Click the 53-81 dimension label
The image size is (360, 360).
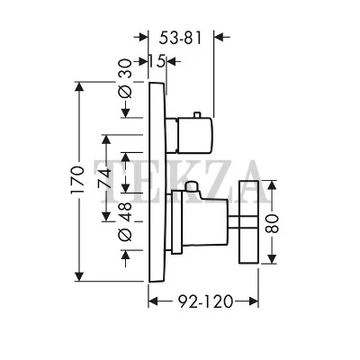tap(180, 38)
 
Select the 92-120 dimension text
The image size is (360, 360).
tap(206, 301)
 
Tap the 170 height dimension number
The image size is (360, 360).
tap(77, 180)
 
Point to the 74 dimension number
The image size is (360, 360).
tap(104, 179)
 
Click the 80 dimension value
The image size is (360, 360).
tap(272, 223)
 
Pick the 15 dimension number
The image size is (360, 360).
tap(157, 61)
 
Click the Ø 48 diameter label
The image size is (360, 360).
tap(125, 221)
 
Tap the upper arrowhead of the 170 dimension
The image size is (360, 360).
tap(79, 87)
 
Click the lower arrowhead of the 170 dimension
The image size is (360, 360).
tap(79, 276)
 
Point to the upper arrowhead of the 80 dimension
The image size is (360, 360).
tap(272, 185)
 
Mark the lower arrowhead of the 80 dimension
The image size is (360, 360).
tap(272, 258)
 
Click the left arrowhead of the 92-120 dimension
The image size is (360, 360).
tap(153, 301)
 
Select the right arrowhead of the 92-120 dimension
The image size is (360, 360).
tap(254, 301)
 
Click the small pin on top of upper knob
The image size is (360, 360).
tap(197, 115)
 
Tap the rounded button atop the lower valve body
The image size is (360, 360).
tap(192, 186)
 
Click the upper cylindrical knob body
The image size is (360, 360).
tap(195, 134)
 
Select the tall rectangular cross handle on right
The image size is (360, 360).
tap(248, 222)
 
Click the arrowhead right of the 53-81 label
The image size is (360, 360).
tap(220, 37)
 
